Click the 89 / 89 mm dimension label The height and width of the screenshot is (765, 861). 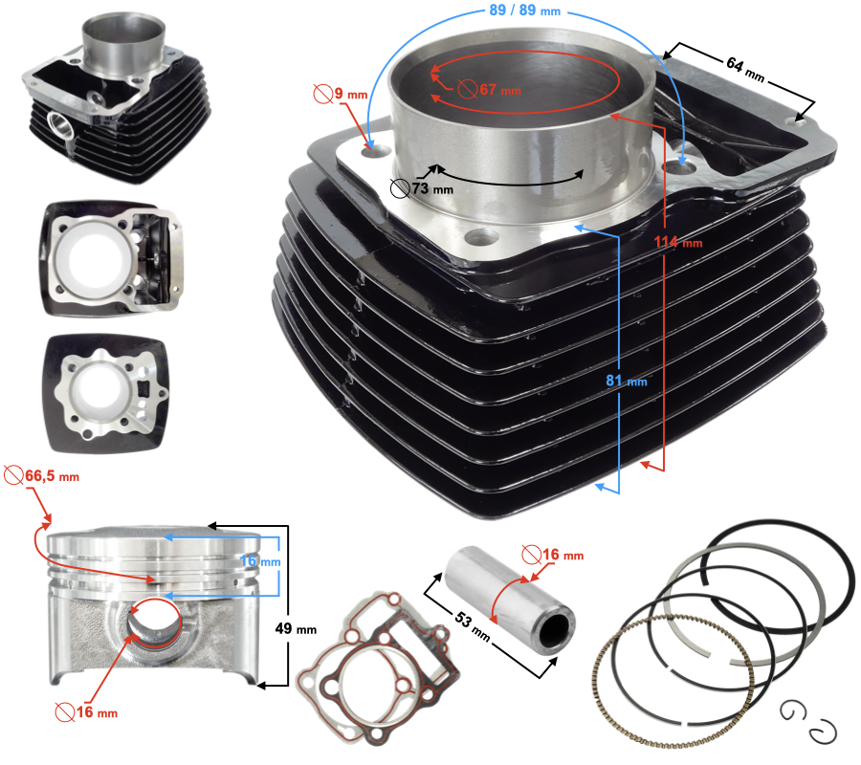(525, 11)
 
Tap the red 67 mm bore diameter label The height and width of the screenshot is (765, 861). (490, 90)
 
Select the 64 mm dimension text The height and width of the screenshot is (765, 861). (745, 69)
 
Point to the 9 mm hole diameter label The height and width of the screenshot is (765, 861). (341, 94)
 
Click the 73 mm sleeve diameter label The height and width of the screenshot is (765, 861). (422, 188)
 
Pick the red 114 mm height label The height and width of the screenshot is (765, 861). (678, 242)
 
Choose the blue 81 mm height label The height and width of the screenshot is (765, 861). (627, 381)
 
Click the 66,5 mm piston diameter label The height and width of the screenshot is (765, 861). (42, 476)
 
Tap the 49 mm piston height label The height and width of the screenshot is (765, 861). (296, 629)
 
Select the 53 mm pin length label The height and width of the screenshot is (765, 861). (473, 626)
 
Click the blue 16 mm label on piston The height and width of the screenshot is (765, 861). (260, 561)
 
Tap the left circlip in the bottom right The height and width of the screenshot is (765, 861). (792, 711)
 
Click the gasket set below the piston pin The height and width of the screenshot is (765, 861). (378, 668)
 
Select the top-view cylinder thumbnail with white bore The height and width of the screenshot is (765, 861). (111, 258)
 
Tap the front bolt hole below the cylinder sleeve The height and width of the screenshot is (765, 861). (481, 237)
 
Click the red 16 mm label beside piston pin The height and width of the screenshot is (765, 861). (552, 555)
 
